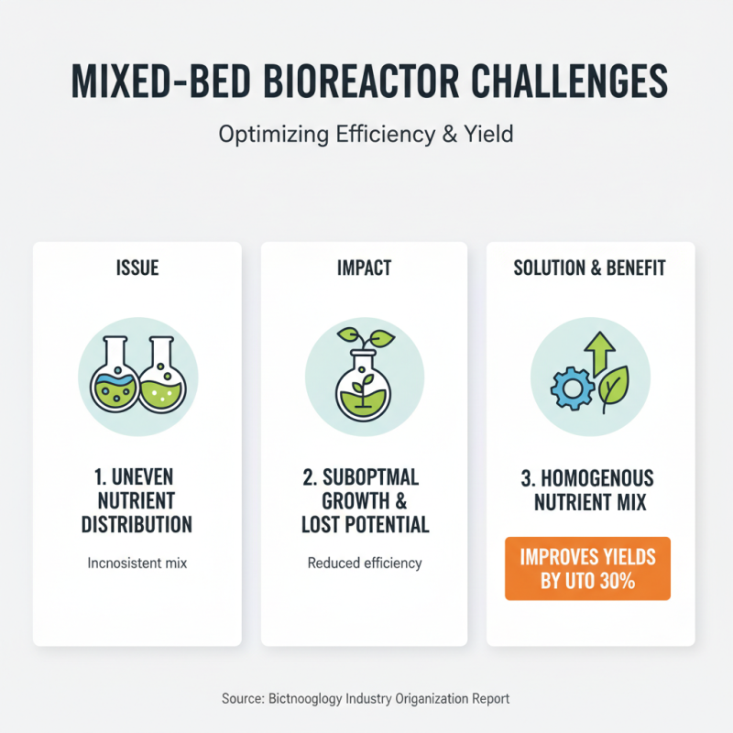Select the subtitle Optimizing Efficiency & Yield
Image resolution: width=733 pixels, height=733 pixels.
tap(366, 134)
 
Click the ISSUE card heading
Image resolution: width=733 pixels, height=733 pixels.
tap(137, 268)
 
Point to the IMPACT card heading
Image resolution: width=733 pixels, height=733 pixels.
tap(364, 268)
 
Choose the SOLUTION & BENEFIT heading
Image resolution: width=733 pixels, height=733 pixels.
tap(590, 268)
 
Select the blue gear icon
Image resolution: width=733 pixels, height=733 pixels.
tap(572, 388)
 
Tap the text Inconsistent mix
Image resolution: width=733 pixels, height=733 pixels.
tap(137, 563)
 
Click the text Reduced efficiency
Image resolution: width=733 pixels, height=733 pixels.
tap(365, 563)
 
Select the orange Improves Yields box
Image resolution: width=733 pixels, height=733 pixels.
tap(587, 568)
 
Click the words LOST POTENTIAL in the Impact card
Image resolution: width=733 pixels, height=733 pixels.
tap(365, 525)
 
